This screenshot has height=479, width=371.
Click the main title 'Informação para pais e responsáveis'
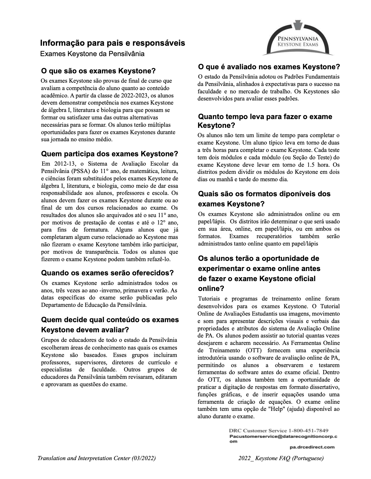click(x=112, y=43)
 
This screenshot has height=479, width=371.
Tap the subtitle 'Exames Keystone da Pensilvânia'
click(x=92, y=54)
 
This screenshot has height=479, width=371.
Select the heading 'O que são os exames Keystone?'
click(x=98, y=71)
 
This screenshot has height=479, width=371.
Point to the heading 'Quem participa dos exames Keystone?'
click(x=109, y=154)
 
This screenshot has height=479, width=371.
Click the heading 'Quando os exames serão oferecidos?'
click(x=107, y=273)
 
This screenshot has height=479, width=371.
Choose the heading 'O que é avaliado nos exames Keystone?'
click(x=269, y=67)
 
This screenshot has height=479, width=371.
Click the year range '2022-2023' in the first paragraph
click(x=133, y=96)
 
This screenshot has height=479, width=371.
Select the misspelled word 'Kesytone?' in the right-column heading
click(x=216, y=126)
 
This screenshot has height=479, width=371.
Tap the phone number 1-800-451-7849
click(x=309, y=431)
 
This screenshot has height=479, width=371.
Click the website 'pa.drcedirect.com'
click(x=312, y=447)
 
